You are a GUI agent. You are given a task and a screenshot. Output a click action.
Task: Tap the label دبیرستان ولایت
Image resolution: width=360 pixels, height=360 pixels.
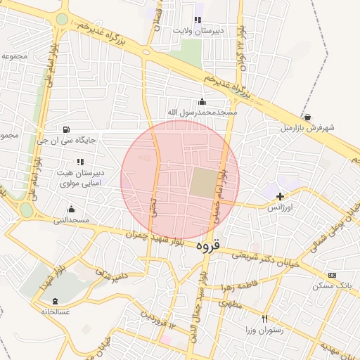(199, 31)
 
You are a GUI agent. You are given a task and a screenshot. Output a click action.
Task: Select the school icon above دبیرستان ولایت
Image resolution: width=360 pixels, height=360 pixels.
(198, 20)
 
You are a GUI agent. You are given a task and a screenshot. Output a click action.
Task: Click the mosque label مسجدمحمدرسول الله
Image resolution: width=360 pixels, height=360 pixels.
(202, 112)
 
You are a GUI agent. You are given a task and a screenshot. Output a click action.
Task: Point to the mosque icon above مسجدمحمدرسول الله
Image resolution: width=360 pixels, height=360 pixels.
(202, 101)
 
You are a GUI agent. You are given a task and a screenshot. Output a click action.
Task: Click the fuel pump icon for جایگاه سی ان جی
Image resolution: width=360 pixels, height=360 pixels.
(66, 129)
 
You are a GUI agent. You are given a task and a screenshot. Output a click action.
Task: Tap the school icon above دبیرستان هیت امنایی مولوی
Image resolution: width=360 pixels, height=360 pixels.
(80, 162)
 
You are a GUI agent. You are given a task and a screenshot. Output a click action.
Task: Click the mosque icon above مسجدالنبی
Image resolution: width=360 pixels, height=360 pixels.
(71, 209)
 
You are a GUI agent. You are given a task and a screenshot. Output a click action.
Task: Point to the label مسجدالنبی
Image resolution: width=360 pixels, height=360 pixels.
(71, 220)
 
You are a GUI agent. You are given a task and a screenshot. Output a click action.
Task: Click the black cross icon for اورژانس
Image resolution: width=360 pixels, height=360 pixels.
(281, 197)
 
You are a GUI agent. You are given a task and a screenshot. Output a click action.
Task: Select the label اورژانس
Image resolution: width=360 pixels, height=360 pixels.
(281, 208)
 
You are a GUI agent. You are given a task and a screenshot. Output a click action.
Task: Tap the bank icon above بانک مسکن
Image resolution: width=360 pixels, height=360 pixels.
(333, 275)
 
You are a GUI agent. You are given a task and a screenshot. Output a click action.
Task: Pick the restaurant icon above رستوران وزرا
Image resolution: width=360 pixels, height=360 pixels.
(265, 319)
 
